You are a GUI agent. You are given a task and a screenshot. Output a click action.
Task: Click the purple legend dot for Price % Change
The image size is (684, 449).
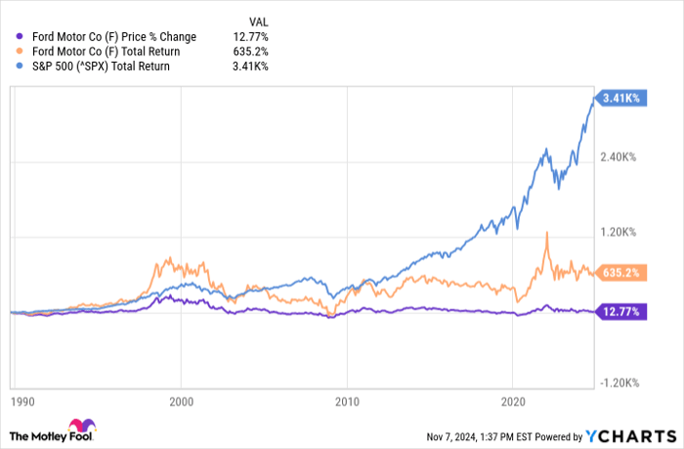pos(20,37)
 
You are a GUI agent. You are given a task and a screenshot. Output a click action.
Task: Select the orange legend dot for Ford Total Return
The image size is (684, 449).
pos(20,52)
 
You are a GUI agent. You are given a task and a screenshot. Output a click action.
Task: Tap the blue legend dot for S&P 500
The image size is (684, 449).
pos(20,67)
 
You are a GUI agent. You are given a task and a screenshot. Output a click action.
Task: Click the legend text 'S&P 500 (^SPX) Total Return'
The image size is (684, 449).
pos(101,67)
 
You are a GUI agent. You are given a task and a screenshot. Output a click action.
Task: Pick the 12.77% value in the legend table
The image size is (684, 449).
pos(250,37)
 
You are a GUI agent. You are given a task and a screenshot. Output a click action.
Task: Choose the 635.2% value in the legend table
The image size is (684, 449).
pos(250,52)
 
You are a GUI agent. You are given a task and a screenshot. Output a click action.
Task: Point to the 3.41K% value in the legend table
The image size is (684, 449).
pos(250,67)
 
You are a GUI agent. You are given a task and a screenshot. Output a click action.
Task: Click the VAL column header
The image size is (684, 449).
pos(259,22)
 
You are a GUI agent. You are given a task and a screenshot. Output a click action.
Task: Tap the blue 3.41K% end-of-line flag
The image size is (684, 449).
pos(620,98)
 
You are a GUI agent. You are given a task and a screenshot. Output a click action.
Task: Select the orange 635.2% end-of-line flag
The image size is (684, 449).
pos(620,273)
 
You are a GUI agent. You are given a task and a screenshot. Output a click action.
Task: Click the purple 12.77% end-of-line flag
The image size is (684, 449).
pos(620,312)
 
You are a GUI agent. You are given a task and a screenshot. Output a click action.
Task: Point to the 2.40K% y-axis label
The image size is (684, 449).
pos(619,157)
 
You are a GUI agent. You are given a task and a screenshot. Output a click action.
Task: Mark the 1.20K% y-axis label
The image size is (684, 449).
pos(619,232)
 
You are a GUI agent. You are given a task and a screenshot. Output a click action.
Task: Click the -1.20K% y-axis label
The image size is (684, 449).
pos(620,383)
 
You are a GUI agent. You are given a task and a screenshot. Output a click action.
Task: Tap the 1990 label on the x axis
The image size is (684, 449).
pos(22,402)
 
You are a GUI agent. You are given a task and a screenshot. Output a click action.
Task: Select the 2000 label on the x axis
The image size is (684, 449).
pos(181,402)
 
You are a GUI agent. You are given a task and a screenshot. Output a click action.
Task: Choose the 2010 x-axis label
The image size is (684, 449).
pos(347,402)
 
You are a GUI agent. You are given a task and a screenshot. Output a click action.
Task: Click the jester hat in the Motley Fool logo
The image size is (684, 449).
pos(82,427)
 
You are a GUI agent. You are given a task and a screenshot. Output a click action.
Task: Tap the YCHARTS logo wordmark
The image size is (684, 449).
pos(631,436)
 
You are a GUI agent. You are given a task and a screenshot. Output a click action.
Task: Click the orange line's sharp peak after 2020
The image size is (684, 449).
pos(546,233)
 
